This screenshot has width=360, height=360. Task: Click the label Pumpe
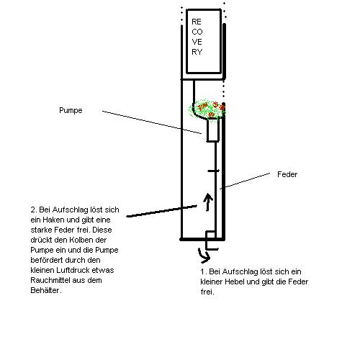tap(71, 110)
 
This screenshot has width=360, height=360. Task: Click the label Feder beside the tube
tap(287, 174)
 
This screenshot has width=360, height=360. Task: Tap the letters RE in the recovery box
tap(197, 22)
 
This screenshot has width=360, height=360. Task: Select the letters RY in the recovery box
tap(197, 52)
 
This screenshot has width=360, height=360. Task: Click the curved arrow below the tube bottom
tap(204, 256)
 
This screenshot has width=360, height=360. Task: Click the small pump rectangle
tap(213, 130)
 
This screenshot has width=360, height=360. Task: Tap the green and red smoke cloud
tap(207, 109)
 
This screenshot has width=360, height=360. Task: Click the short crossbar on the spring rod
tap(213, 171)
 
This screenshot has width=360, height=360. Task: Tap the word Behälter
tap(45, 290)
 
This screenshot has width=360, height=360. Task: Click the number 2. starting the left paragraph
tap(34, 210)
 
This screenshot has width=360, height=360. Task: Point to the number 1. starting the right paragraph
tap(204, 271)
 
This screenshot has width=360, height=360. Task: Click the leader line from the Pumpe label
tap(152, 122)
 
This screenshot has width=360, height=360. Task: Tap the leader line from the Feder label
tap(245, 181)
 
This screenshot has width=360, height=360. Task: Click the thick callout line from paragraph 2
tap(161, 211)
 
